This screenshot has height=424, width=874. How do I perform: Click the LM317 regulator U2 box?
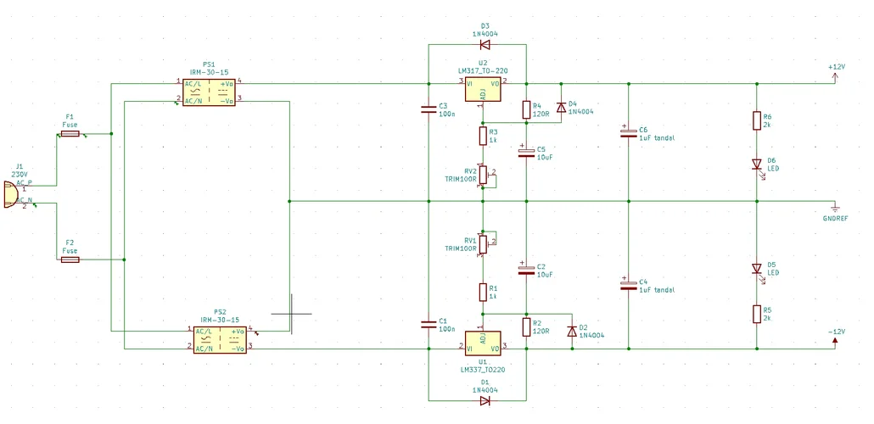tap(483, 88)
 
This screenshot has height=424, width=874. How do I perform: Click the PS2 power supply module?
tap(220, 339)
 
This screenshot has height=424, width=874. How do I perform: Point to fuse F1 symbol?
tap(70, 134)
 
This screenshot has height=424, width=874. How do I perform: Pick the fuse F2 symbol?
tap(70, 260)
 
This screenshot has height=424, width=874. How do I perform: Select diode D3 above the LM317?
tap(485, 45)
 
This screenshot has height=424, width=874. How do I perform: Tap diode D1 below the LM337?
tap(485, 400)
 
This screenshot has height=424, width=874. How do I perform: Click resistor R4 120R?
tap(526, 109)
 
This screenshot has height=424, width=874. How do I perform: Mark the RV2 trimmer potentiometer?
tap(482, 175)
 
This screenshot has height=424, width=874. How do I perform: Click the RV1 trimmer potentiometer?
tap(482, 244)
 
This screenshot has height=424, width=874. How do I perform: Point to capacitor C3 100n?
tap(429, 109)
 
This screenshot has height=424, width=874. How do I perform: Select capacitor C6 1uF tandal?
tap(628, 132)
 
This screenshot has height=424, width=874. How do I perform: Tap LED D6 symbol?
tap(757, 165)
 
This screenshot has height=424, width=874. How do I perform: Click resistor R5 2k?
tap(757, 314)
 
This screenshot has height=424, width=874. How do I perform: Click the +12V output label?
tap(836, 74)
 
